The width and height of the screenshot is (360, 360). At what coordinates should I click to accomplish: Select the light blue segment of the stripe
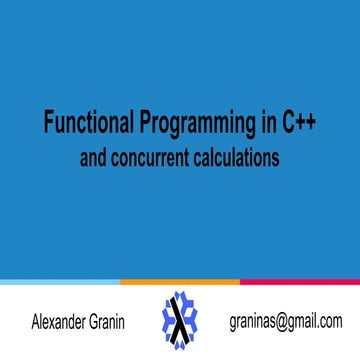[60, 283]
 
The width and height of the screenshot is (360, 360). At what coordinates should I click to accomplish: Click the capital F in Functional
[47, 125]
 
